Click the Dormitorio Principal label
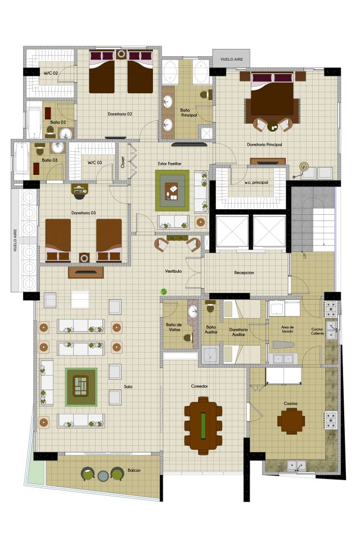264,144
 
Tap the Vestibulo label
173,271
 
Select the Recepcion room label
244,273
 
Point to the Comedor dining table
203,426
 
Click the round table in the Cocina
291,421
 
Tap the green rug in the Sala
81,387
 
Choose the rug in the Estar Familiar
172,191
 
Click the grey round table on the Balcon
103,476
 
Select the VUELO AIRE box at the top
232,60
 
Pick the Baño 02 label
58,122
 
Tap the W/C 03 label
94,162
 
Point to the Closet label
123,162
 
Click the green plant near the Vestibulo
164,292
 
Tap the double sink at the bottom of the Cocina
296,466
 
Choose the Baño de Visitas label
174,327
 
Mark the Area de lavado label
287,329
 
